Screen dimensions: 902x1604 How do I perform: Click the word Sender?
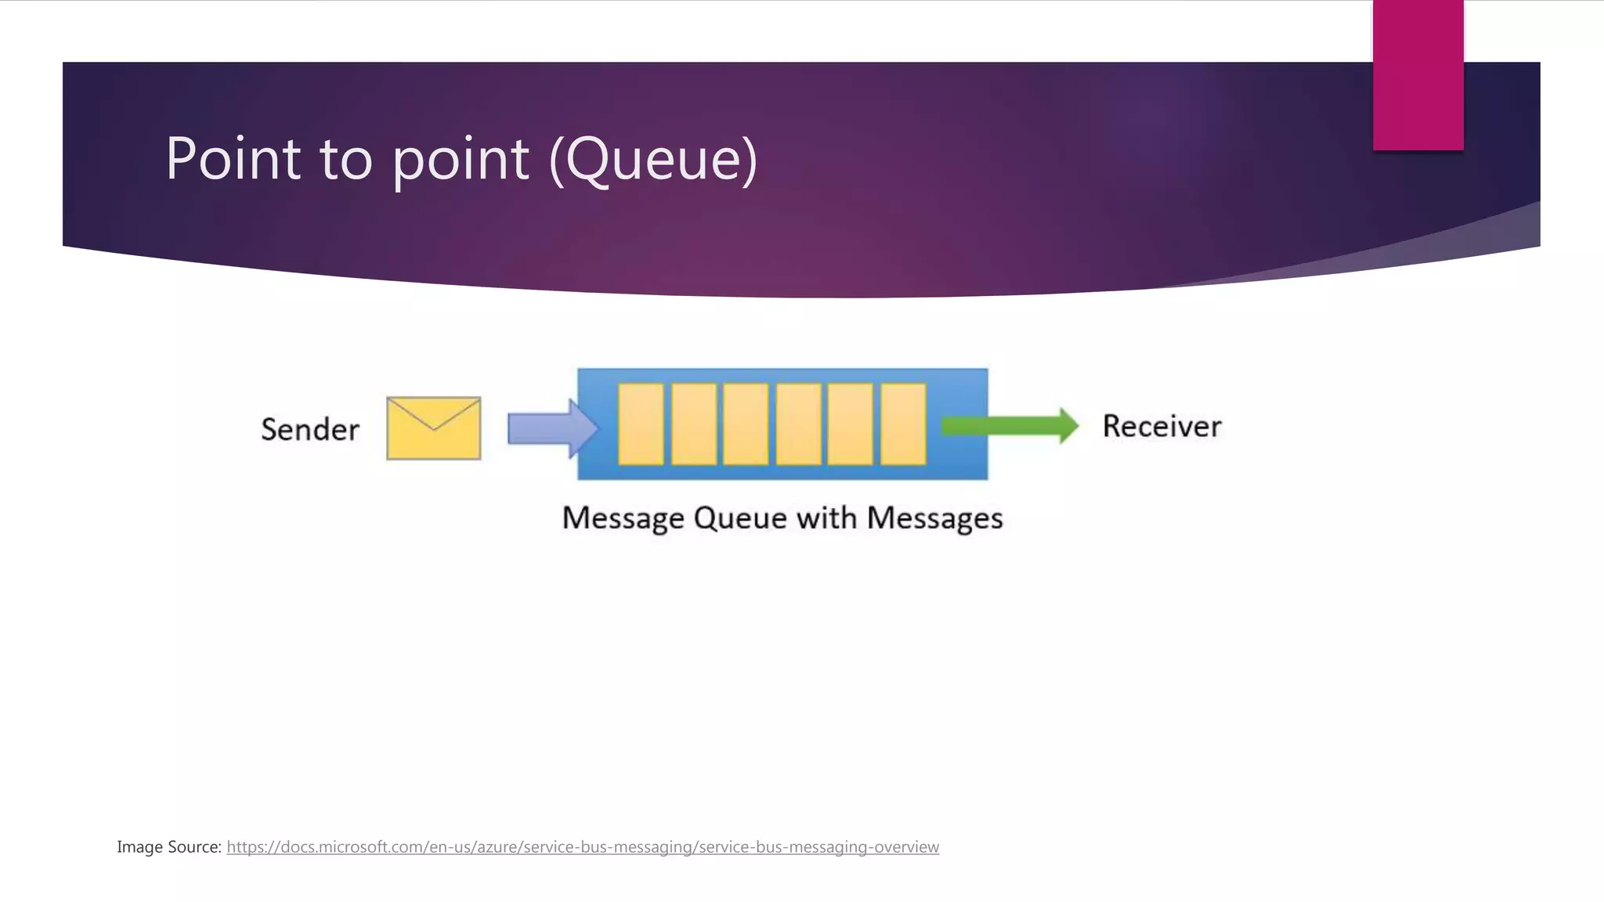coord(310,430)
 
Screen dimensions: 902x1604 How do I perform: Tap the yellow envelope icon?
coord(433,428)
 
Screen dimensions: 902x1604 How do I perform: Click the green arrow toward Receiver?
coord(1010,426)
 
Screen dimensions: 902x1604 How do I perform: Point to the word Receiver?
coord(1161,427)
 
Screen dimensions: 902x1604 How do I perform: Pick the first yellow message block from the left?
coord(641,424)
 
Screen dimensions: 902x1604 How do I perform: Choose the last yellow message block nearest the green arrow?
coord(903,424)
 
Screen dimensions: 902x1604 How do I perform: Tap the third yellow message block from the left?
coord(746,424)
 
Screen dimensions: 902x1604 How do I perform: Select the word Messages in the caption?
coord(934,518)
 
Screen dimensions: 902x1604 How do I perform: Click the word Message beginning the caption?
coord(623,518)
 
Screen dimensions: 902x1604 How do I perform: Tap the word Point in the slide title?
coord(233,159)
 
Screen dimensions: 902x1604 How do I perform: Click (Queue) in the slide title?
coord(654,159)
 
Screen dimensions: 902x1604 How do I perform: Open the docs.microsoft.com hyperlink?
coord(583,846)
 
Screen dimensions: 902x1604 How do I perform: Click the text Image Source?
coord(169,846)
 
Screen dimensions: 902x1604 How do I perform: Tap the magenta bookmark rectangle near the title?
coord(1418,75)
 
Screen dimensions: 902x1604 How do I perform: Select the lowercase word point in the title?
coord(461,159)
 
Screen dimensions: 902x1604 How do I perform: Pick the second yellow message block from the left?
coord(693,424)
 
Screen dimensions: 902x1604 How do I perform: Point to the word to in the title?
coord(345,159)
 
